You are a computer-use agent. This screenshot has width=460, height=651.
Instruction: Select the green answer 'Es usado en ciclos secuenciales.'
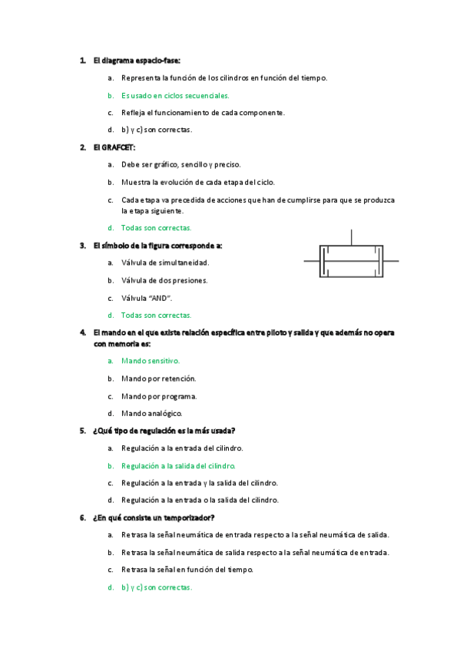[x=175, y=95]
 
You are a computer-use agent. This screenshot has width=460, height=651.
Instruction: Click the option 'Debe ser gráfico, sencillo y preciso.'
[x=180, y=164]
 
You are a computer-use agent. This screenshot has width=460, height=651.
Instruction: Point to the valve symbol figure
[x=352, y=261]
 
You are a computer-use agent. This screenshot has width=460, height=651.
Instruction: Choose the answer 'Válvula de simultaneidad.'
[x=165, y=263]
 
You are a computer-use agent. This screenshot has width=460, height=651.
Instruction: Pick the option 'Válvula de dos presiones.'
[x=164, y=280]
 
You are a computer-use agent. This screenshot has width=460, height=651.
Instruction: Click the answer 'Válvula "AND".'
[x=147, y=298]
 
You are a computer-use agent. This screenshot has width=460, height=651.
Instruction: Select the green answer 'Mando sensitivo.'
[x=151, y=360]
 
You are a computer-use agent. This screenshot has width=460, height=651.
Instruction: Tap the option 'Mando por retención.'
[x=158, y=378]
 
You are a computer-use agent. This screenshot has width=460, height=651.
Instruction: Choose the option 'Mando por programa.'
[x=159, y=396]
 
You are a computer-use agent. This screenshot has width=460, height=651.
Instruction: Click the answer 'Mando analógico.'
[x=152, y=413]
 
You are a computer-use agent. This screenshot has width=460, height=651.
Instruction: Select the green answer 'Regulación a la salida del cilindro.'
[x=178, y=465]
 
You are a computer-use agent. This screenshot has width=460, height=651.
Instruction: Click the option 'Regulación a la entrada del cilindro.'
[x=182, y=448]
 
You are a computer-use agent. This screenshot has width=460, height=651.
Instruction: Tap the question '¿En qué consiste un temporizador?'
[x=154, y=517]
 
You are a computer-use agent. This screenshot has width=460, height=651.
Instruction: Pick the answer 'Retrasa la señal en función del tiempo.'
[x=187, y=570]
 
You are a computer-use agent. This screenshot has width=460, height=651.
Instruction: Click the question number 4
[x=82, y=332]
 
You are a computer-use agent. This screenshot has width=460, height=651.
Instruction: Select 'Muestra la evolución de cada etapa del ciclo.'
[x=197, y=182]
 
